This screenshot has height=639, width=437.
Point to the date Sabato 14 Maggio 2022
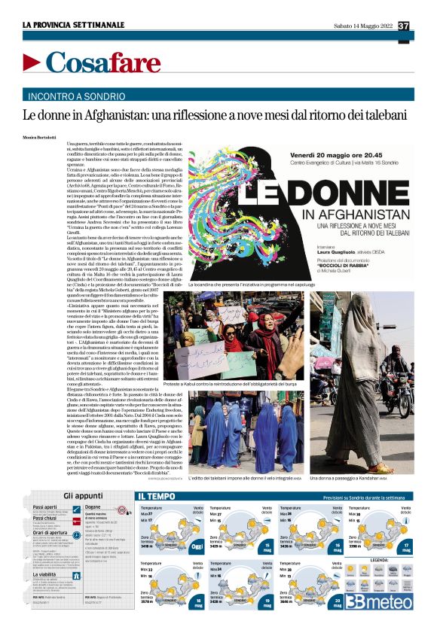click(363, 26)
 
